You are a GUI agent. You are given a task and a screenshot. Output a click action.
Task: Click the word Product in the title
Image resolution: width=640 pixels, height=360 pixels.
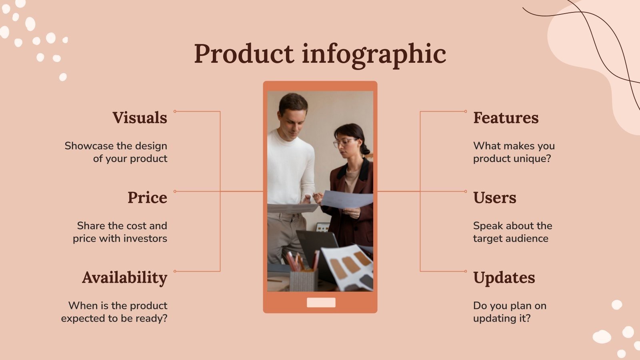click(244, 54)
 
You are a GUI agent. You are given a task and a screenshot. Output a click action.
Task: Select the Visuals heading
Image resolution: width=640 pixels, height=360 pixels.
click(140, 118)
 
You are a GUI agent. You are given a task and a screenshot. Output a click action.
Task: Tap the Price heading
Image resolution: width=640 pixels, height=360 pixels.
click(147, 198)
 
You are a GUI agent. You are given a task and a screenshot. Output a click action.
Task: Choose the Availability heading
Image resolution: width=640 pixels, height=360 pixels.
click(124, 278)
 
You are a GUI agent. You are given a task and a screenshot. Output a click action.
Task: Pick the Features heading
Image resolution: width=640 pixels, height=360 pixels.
click(506, 118)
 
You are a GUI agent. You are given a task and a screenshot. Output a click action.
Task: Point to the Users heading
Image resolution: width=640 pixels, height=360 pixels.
click(494, 198)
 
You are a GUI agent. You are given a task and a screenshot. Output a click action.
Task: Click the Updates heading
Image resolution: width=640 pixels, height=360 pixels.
click(504, 278)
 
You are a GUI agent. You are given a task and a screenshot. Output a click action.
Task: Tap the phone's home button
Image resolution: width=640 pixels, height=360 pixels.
click(321, 302)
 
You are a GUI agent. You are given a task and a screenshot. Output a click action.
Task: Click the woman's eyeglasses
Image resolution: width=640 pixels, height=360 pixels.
click(344, 142)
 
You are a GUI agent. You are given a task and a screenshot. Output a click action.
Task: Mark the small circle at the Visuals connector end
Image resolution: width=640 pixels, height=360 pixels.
click(175, 111)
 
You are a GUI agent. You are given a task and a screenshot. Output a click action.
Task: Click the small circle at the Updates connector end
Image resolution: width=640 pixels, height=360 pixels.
click(466, 271)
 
